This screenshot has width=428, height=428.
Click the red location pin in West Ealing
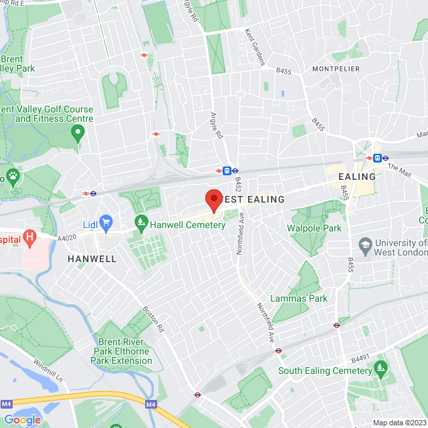point(213,199)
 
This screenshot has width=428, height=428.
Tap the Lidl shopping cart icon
point(106,221)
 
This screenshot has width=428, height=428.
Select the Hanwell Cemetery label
point(187,225)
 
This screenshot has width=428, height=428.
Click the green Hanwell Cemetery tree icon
point(140,221)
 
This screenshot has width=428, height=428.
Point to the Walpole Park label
point(314,228)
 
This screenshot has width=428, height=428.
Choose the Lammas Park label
point(299,298)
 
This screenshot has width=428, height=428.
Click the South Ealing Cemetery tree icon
point(381,367)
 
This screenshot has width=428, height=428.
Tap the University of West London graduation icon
point(364,245)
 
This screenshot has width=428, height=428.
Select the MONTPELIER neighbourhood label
point(336,69)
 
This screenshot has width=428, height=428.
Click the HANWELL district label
point(92,259)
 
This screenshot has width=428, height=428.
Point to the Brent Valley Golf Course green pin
point(78,134)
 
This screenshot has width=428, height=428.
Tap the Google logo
point(22,419)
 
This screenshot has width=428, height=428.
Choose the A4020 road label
point(67,236)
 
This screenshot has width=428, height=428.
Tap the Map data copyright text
point(399,423)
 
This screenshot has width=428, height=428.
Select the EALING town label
point(358,177)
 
